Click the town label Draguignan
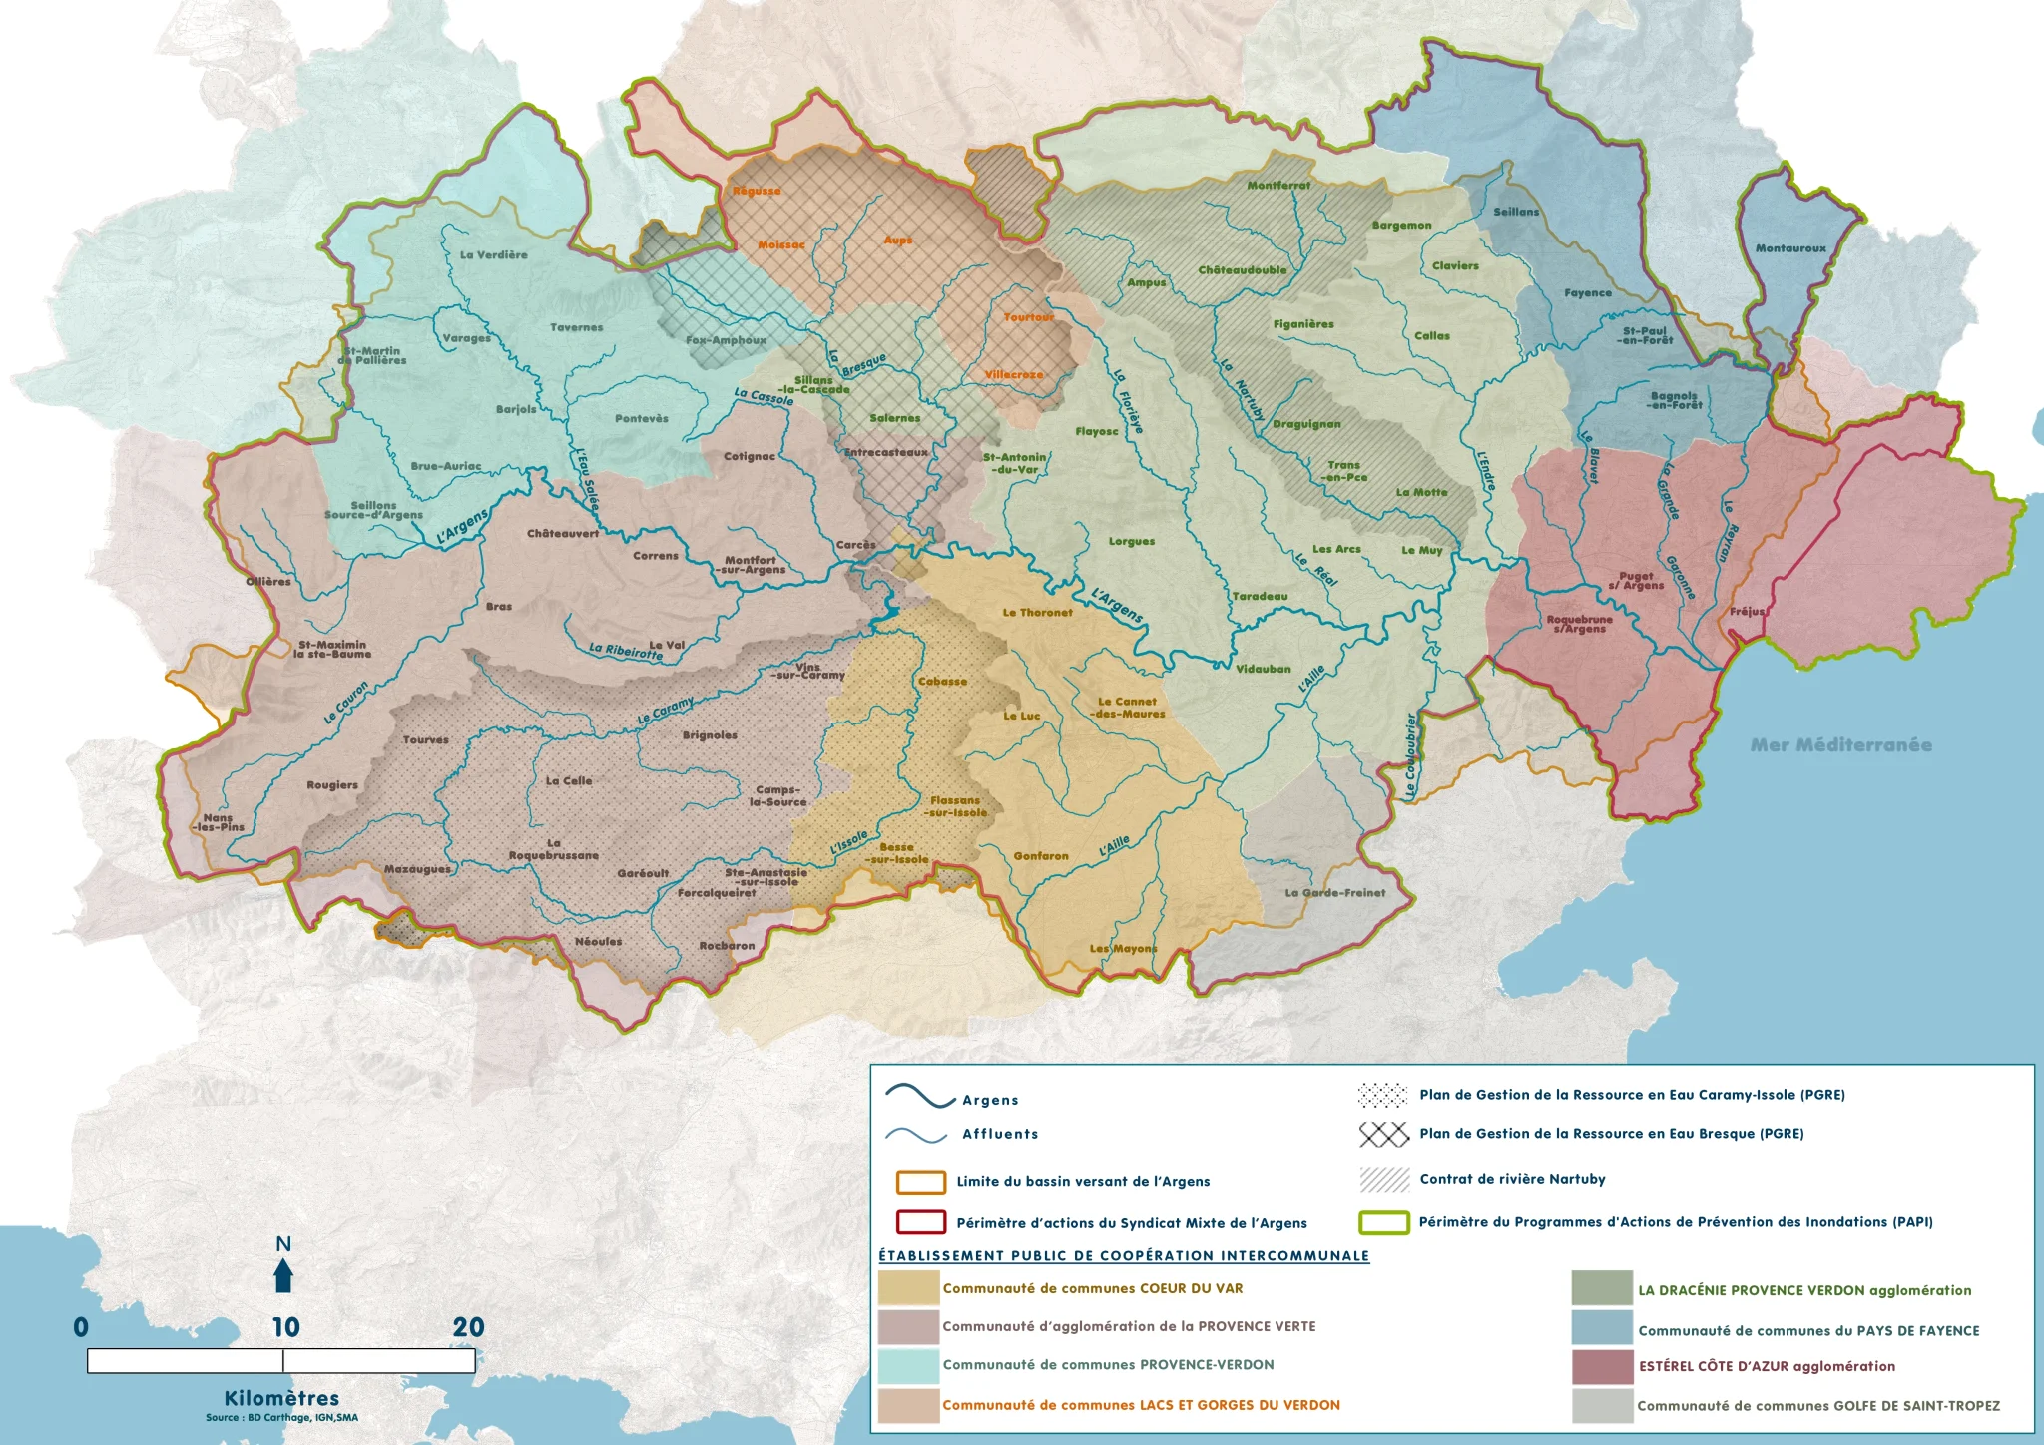pos(1306,424)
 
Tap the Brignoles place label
pos(710,735)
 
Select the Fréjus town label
pos(1747,611)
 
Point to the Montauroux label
pos(1790,248)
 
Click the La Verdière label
pos(493,255)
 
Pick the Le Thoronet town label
pos(1037,613)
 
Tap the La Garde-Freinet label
pos(1334,893)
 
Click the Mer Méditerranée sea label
pos(1840,744)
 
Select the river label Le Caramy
pos(665,712)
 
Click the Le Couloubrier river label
pos(1410,755)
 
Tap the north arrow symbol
pos(283,1275)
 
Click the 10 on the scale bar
pos(285,1327)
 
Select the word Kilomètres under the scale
pos(281,1398)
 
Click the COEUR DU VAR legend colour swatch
pos(908,1288)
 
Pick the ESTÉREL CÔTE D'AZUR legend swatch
pos(1602,1367)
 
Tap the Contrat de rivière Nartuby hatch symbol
pos(1384,1180)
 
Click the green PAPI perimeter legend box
pos(1384,1222)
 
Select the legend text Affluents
pos(1000,1134)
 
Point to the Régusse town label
pos(757,191)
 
